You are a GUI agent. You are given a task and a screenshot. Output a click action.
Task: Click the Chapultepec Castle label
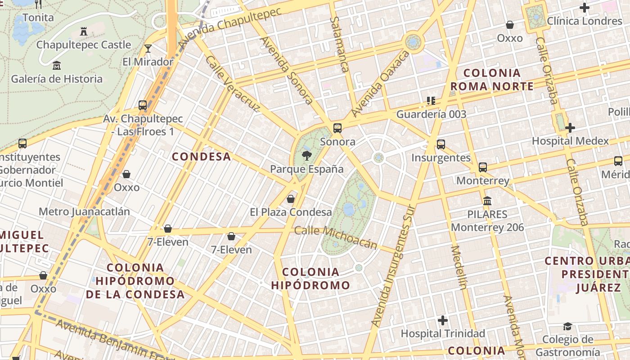coord(84,45)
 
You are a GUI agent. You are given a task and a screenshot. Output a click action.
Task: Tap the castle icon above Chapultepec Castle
coord(83,31)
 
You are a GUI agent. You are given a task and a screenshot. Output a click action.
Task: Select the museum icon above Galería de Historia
coord(57,66)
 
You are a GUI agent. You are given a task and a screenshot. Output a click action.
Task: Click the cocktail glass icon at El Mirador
coord(148,49)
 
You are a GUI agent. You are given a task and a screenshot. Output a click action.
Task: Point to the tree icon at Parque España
coord(306,156)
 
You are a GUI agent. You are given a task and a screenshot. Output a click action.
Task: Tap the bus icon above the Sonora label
coord(337,128)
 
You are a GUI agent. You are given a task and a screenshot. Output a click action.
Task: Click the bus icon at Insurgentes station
coord(441,144)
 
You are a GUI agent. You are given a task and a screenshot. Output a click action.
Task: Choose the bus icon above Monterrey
coord(483,167)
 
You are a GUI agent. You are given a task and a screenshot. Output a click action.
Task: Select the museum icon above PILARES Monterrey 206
coord(487,201)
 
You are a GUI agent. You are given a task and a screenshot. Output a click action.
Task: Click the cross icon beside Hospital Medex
coord(570,128)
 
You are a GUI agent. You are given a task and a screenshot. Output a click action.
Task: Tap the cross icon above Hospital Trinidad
coord(443,320)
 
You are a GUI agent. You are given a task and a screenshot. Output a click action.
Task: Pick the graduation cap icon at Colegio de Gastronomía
coord(567,326)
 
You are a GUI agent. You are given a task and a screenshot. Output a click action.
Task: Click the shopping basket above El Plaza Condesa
coord(291,198)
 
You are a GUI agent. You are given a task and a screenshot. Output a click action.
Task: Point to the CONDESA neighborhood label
coord(202,157)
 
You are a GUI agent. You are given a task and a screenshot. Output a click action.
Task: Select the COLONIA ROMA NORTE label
coord(492,80)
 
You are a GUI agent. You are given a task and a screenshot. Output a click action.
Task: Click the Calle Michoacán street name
coord(335,237)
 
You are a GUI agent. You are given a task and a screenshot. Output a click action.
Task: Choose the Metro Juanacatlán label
coord(84,211)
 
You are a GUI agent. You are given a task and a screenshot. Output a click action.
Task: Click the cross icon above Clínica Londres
coord(585,8)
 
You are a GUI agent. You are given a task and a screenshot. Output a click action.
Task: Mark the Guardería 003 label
coord(431,114)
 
